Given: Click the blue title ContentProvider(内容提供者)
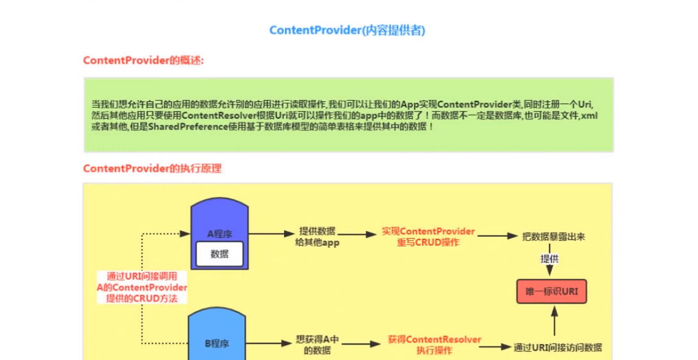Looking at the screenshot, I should [x=347, y=30].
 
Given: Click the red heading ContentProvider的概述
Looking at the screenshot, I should [x=144, y=60].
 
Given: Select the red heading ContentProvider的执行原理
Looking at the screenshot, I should [x=152, y=168].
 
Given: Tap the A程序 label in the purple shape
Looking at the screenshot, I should [x=219, y=234].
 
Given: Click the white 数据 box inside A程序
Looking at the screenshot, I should [x=219, y=254].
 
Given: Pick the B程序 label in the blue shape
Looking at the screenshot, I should [x=217, y=343].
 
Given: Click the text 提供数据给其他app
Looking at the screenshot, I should [x=317, y=237].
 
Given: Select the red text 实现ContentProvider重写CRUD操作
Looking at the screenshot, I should [x=428, y=237].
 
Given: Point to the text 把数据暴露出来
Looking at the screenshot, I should [x=554, y=236].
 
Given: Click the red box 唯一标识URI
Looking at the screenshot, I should [x=552, y=291].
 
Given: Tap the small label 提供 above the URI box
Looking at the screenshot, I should [x=550, y=259].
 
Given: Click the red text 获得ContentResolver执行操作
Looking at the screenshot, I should [x=434, y=345].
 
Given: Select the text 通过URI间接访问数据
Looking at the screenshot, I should [x=558, y=347].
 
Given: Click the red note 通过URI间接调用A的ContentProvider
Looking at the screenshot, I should [x=142, y=287].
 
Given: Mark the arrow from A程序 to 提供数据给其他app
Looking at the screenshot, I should [x=270, y=235].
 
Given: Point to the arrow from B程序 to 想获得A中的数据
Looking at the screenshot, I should [x=270, y=343].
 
